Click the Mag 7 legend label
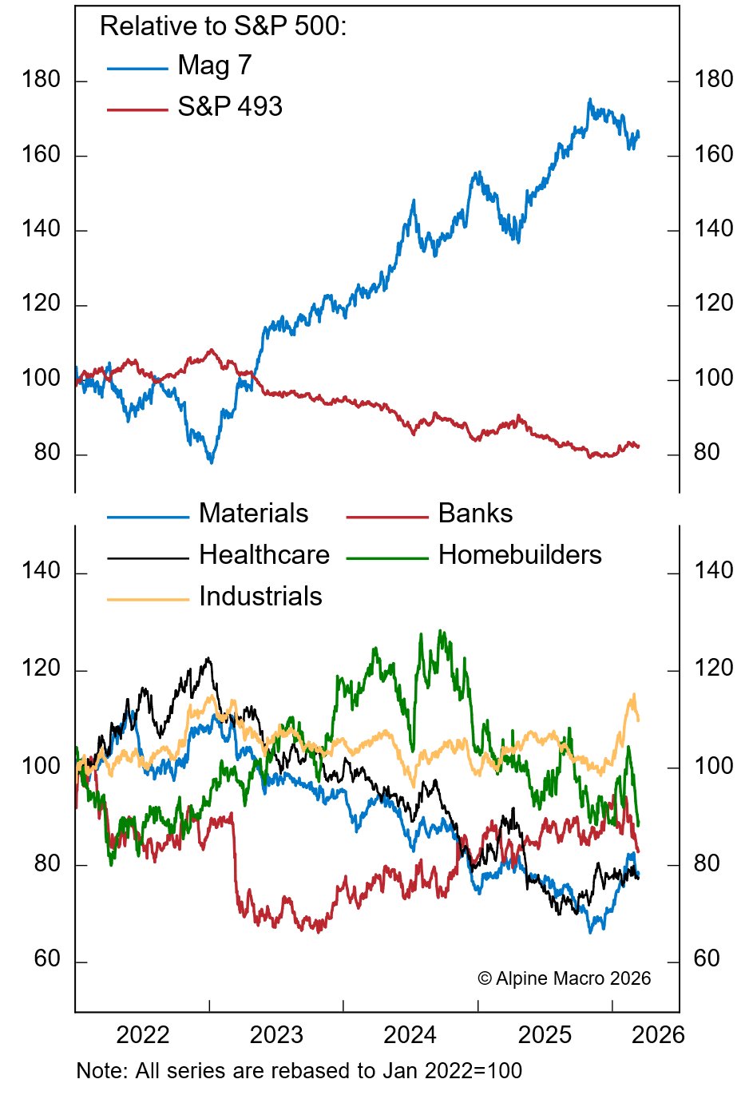[214, 65]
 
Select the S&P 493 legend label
[230, 107]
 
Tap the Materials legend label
[253, 514]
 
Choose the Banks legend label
[475, 514]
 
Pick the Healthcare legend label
[264, 555]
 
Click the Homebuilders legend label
[520, 555]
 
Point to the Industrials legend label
[260, 597]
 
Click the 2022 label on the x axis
[143, 1036]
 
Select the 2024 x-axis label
[410, 1036]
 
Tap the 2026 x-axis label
[658, 1036]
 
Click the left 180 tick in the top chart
[42, 80]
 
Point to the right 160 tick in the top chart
[714, 154]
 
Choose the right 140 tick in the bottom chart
[714, 571]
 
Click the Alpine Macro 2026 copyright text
[565, 979]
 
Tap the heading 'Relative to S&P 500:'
[224, 26]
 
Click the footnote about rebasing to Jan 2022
[299, 1071]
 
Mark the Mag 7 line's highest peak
[589, 100]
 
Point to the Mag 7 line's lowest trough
[211, 462]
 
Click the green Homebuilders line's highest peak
[440, 631]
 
